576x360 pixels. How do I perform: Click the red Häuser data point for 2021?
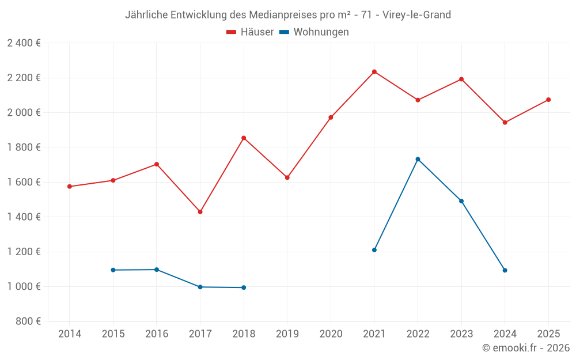[x=374, y=72]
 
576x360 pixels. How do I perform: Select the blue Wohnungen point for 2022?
[x=418, y=159]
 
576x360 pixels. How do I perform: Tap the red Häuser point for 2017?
[x=200, y=212]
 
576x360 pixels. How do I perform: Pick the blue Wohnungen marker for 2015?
[x=113, y=270]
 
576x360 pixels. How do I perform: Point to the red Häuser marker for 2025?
[x=548, y=100]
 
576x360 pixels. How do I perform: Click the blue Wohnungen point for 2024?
[x=505, y=270]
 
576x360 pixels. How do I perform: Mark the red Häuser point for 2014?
[x=70, y=187]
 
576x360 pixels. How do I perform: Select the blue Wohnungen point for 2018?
[x=244, y=287]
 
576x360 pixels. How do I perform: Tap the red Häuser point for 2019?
[x=287, y=177]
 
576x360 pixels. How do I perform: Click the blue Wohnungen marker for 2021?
[x=374, y=250]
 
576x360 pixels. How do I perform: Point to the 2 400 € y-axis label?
[x=24, y=43]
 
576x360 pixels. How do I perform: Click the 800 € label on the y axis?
[x=28, y=321]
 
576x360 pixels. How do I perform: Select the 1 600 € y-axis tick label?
[x=24, y=182]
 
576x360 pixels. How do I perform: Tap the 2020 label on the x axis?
[x=331, y=334]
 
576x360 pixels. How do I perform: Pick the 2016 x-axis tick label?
[x=157, y=334]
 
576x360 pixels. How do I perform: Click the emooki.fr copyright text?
[x=526, y=348]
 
